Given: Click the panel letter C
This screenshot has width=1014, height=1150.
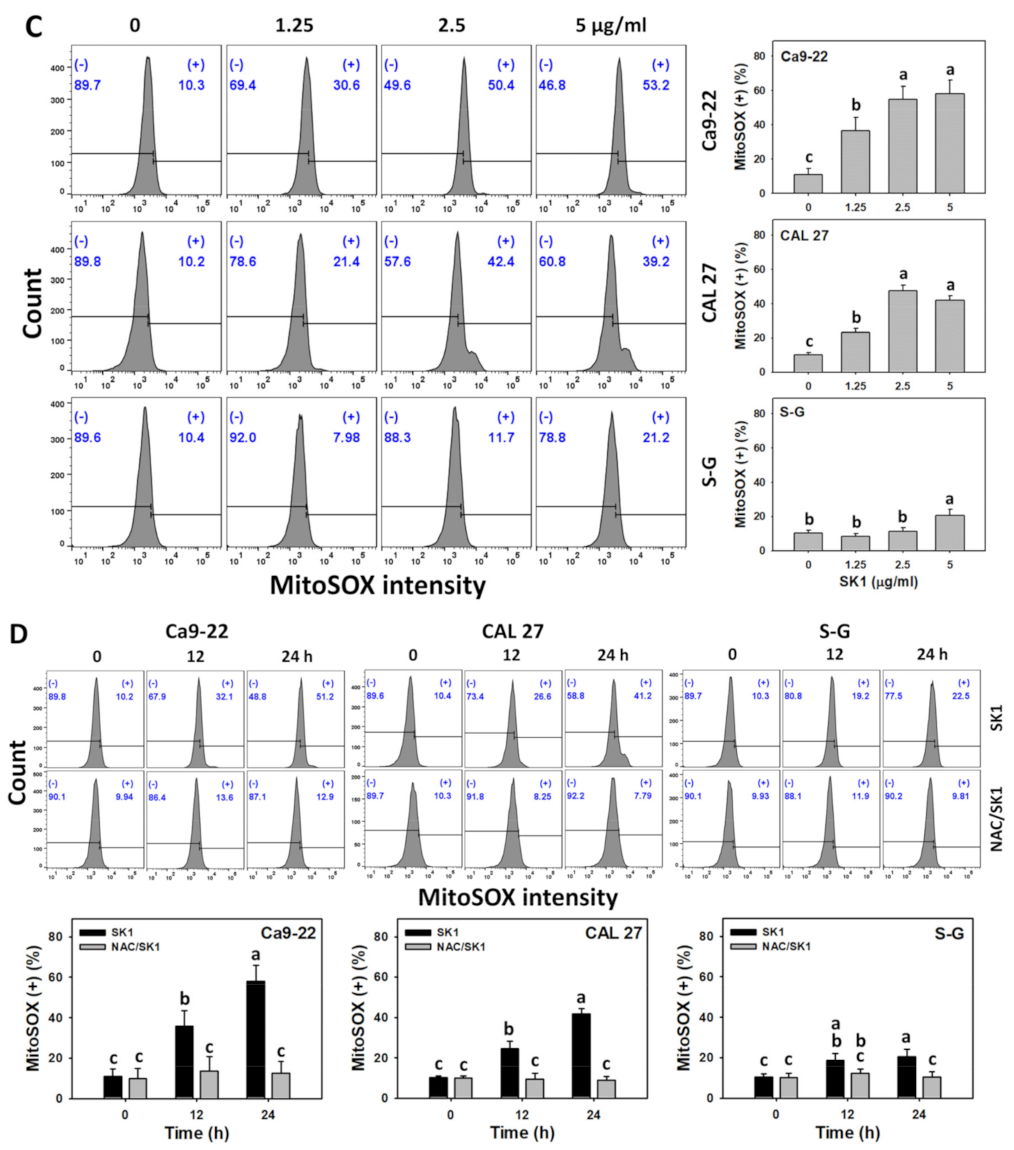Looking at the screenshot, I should (33, 26).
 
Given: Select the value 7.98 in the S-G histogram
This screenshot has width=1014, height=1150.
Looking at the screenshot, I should (346, 437).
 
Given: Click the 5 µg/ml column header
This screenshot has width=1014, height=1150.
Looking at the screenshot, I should (610, 26).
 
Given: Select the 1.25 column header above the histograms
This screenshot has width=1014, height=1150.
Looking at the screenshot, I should (294, 26).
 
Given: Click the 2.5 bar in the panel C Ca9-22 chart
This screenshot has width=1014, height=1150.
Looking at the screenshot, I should (903, 146).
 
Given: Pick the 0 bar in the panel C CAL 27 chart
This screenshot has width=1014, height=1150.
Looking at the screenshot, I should (808, 363).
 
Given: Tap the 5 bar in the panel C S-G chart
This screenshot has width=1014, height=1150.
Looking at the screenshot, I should (950, 533).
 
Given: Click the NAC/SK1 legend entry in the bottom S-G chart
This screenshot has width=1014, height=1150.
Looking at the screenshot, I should (786, 947).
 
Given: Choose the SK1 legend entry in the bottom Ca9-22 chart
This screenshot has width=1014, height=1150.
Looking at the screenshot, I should (121, 932).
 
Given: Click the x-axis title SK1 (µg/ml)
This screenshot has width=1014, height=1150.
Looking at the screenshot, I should (878, 581).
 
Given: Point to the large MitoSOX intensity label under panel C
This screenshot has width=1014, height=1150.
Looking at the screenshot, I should (377, 585).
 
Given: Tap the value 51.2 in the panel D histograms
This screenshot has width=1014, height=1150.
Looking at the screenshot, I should (325, 697).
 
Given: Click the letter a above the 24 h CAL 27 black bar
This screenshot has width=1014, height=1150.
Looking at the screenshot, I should (581, 998).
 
